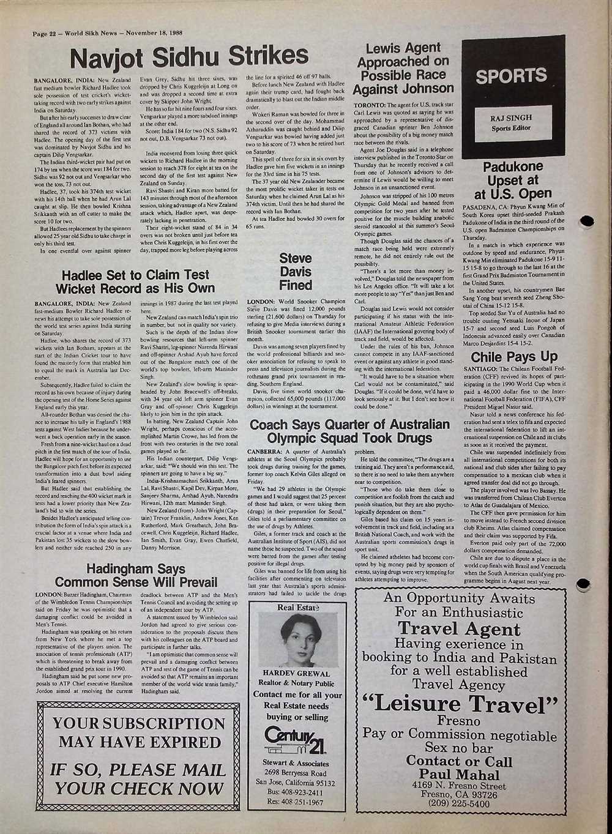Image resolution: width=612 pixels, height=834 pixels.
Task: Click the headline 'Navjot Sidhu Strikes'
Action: (189, 58)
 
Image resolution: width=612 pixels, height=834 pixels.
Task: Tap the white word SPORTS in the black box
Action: (512, 76)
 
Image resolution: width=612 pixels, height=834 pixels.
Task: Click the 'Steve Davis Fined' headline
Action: (296, 272)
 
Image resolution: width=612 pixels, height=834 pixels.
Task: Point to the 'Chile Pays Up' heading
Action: (514, 356)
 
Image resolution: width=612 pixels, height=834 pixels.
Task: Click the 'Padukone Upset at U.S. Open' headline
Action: (513, 181)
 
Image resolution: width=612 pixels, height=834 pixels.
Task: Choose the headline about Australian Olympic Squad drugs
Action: (349, 431)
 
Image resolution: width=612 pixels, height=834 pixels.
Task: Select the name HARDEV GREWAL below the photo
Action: (295, 674)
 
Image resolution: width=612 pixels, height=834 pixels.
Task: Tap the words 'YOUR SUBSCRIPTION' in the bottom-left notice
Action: (139, 723)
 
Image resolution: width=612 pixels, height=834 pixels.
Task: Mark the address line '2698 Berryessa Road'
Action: (294, 773)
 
